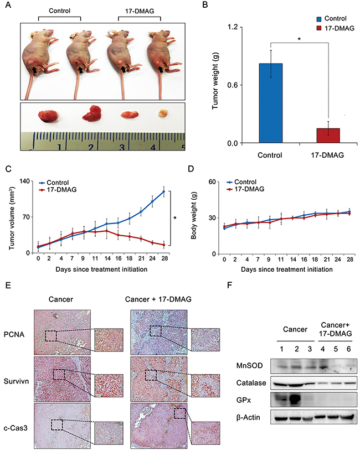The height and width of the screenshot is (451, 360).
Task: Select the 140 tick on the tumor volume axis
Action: click(x=23, y=181)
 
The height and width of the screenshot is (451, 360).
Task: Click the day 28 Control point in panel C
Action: click(x=164, y=191)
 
